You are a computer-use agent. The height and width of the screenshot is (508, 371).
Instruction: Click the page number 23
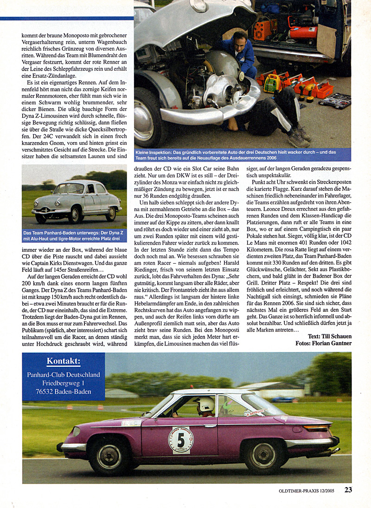[x=348, y=489]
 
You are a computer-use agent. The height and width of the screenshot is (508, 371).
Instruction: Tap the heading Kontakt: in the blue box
[x=63, y=362]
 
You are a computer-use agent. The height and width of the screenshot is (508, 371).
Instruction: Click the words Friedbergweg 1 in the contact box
[x=63, y=383]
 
